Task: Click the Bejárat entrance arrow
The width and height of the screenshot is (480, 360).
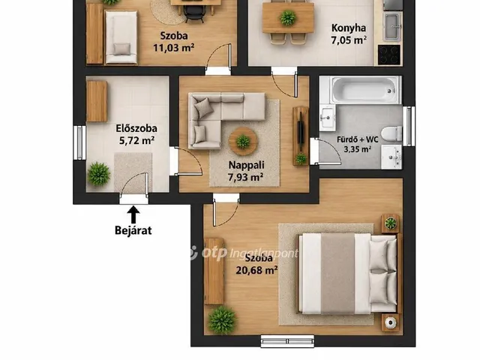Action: pos(133,214)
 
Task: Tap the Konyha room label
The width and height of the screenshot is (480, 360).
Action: pos(349,28)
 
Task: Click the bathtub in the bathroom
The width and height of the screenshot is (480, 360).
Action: pos(364,90)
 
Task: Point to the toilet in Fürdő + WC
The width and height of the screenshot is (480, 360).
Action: pos(391,133)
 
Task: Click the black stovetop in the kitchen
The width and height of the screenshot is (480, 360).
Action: pos(389,55)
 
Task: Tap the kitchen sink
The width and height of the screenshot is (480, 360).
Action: pos(393,26)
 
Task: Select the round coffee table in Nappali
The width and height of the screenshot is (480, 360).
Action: pos(243,142)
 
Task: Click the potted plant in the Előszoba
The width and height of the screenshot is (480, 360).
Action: pos(98,174)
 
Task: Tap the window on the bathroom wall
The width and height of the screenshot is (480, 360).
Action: pos(409,126)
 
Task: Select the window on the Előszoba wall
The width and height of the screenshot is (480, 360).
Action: pos(79,142)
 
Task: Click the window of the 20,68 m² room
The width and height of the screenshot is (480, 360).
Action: pos(287,341)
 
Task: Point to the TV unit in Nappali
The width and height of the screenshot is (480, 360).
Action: pos(301,136)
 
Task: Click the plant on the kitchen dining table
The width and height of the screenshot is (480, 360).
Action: pos(288,17)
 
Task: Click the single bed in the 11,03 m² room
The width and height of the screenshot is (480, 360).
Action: pos(121,37)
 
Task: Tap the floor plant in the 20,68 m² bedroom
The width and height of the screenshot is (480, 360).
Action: pos(222,319)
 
